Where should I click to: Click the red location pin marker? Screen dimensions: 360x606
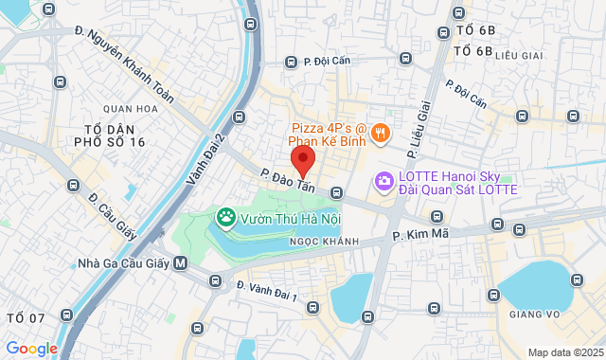[302, 160]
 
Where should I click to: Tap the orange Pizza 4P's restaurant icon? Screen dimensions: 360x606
[379, 133]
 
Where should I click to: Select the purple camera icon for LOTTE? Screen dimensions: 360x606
[383, 180]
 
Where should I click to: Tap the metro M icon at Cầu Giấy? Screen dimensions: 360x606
[181, 263]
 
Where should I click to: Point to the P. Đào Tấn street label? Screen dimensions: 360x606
[287, 180]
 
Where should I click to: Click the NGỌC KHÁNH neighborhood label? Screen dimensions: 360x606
[324, 242]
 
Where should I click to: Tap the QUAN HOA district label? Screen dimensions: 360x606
[131, 109]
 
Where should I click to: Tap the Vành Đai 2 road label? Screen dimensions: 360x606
[205, 160]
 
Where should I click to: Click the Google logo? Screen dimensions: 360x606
[31, 348]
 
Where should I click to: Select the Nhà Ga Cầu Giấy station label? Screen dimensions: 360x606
[124, 263]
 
